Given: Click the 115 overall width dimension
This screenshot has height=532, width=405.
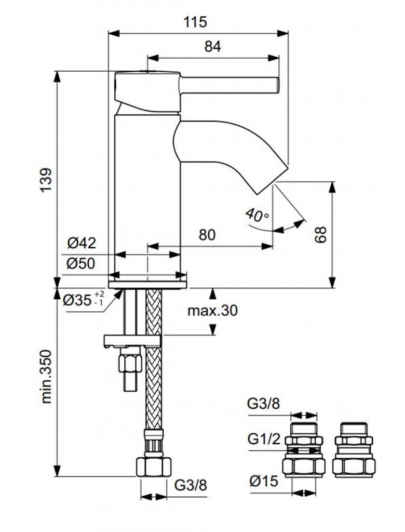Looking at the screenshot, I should (198, 22).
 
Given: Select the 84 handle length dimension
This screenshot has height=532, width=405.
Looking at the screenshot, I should (213, 46).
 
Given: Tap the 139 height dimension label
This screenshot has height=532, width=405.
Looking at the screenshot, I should (47, 180).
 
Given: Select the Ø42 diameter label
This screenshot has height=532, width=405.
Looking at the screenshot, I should (82, 243).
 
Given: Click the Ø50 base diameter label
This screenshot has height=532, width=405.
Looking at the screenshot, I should (82, 263).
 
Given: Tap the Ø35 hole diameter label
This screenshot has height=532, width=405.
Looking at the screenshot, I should (83, 300).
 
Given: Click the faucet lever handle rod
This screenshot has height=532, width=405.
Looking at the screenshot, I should (228, 84).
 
